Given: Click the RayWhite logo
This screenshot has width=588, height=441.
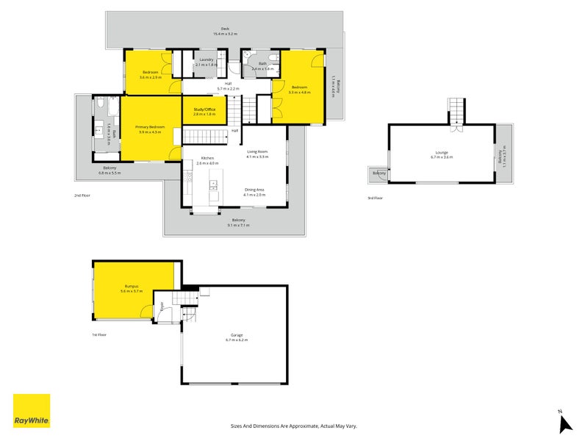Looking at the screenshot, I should (32, 412).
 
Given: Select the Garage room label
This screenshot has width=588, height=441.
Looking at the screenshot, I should (237, 336).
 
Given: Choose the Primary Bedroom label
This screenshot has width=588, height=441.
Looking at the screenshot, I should (151, 127).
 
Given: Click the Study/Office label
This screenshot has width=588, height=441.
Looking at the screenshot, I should (204, 111).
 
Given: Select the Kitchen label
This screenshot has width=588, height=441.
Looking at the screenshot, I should (207, 158).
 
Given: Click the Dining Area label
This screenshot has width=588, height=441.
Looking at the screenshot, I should (255, 190).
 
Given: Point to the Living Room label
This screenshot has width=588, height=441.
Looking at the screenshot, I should (257, 151).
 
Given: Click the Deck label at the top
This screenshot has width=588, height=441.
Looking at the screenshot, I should (225, 29).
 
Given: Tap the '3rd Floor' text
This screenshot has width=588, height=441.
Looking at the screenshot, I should (375, 198).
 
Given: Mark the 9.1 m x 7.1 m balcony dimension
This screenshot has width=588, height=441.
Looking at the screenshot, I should (238, 225).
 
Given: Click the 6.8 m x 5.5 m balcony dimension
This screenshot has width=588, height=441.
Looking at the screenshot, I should (110, 173).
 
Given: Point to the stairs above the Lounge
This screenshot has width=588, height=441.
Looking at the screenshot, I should (457, 110).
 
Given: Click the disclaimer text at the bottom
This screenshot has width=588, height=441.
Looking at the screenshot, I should (293, 426).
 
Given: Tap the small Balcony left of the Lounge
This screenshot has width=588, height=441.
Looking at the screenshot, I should (379, 173).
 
